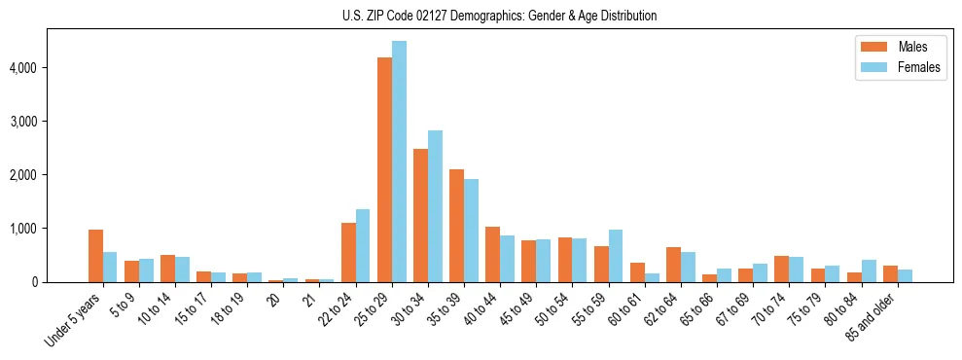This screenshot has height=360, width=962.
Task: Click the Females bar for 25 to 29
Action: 399,162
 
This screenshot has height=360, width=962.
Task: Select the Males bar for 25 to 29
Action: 384,169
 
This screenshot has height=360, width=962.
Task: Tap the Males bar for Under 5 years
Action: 95,256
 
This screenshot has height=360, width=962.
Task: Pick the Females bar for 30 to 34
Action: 435,206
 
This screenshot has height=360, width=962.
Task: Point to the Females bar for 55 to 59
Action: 616,256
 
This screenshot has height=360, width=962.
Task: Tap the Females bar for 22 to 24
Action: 363,245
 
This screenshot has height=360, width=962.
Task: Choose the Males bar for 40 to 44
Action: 492,254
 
